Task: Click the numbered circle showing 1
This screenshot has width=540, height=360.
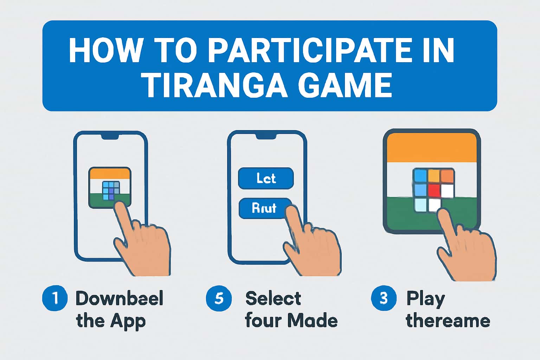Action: pos(55,298)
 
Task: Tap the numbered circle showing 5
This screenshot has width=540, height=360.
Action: pos(219,298)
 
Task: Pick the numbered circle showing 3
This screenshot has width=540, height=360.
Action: pos(384,298)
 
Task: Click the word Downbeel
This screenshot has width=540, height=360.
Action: pos(120,298)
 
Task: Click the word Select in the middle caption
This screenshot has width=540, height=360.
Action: pos(273,298)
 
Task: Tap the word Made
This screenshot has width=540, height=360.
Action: pos(312,321)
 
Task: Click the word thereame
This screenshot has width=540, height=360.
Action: pos(448,321)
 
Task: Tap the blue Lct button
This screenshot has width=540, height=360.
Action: pos(266,178)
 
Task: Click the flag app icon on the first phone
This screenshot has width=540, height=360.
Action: pos(110,188)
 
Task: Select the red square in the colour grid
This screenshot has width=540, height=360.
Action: pos(434,191)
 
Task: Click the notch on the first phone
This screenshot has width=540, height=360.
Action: pos(110,136)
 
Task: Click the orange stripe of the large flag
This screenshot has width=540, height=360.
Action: pos(431,148)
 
